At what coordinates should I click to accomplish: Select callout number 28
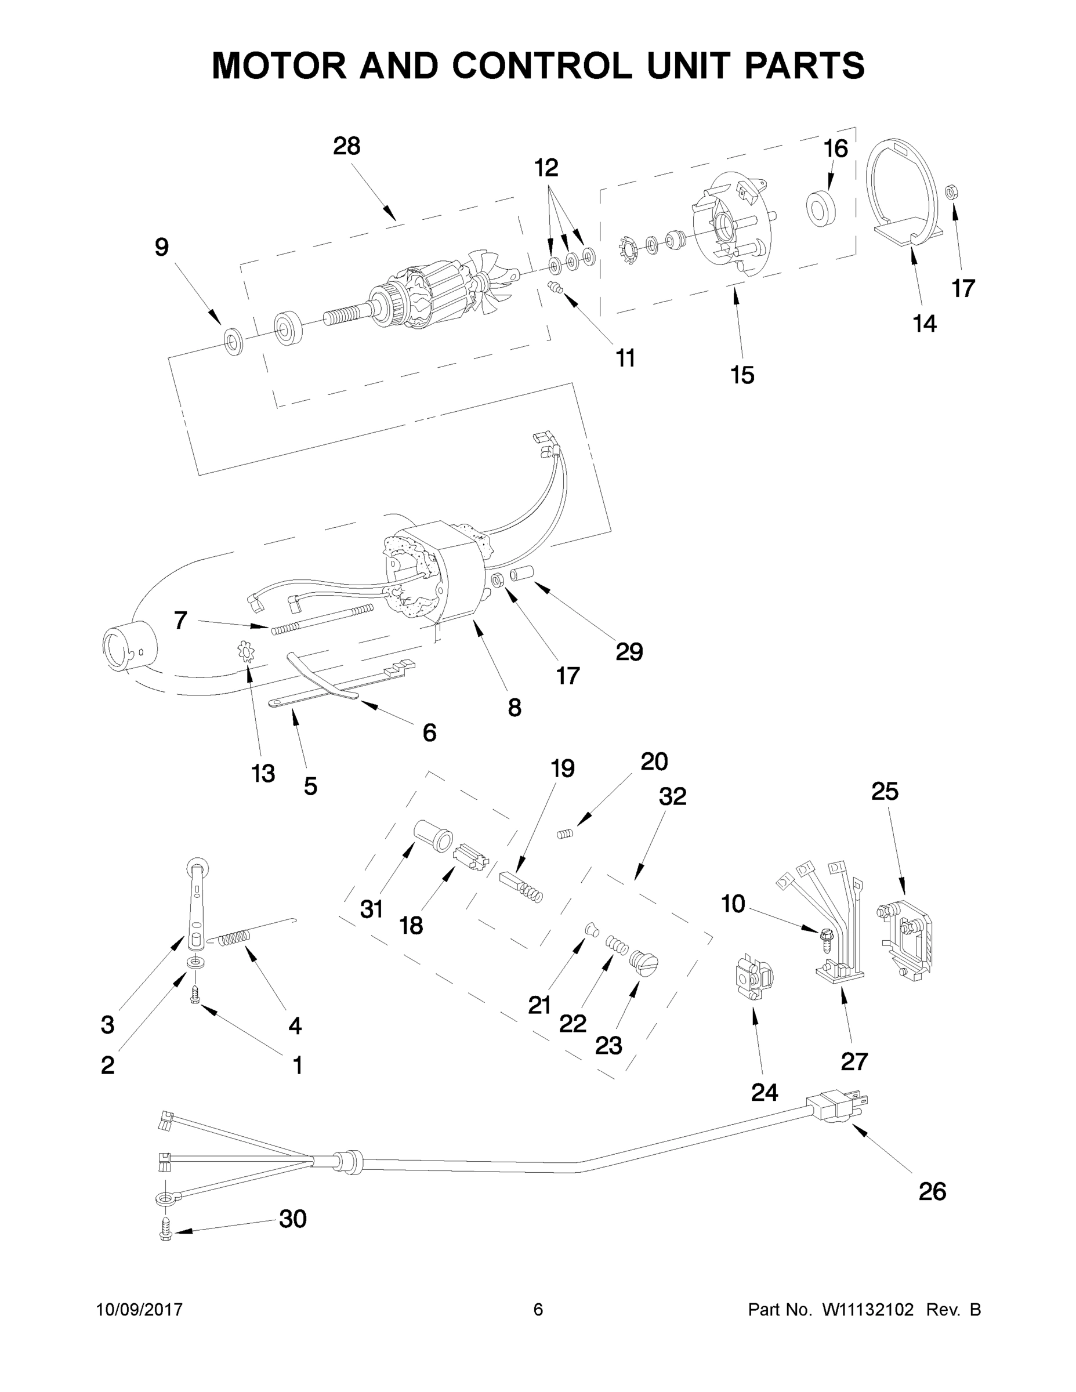346,147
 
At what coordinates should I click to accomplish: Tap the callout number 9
162,247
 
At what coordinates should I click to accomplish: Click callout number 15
742,375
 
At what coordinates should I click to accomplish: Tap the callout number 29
629,651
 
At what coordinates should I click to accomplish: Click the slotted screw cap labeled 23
643,962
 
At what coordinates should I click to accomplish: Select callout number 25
885,792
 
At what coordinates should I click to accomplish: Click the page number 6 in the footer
538,1309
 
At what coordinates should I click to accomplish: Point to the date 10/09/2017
140,1310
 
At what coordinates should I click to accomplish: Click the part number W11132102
868,1310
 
